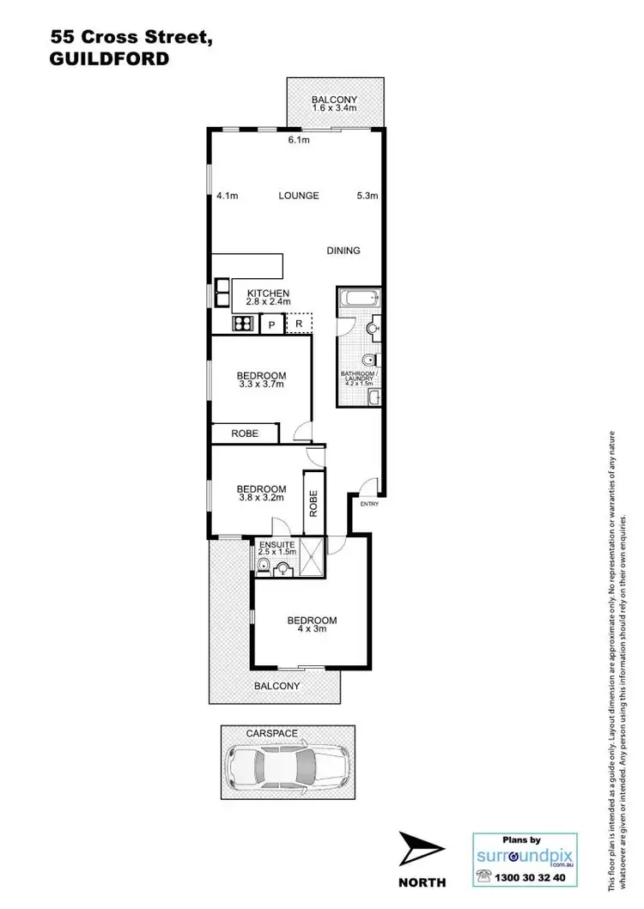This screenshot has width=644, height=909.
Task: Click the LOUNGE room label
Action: (298, 196)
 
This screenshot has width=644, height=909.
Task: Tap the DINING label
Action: (343, 251)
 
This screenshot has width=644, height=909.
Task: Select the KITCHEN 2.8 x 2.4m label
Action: (268, 297)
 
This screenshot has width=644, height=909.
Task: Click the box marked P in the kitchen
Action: (271, 324)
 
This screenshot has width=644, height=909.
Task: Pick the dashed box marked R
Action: (299, 324)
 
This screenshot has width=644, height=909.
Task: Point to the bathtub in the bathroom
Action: (358, 300)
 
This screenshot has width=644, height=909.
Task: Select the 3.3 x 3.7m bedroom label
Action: (261, 380)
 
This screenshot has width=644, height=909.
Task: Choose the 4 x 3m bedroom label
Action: (312, 625)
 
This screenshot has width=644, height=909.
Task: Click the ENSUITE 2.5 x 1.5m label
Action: (275, 547)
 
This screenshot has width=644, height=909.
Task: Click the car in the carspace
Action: (286, 761)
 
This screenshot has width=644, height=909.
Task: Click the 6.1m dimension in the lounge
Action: (298, 139)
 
